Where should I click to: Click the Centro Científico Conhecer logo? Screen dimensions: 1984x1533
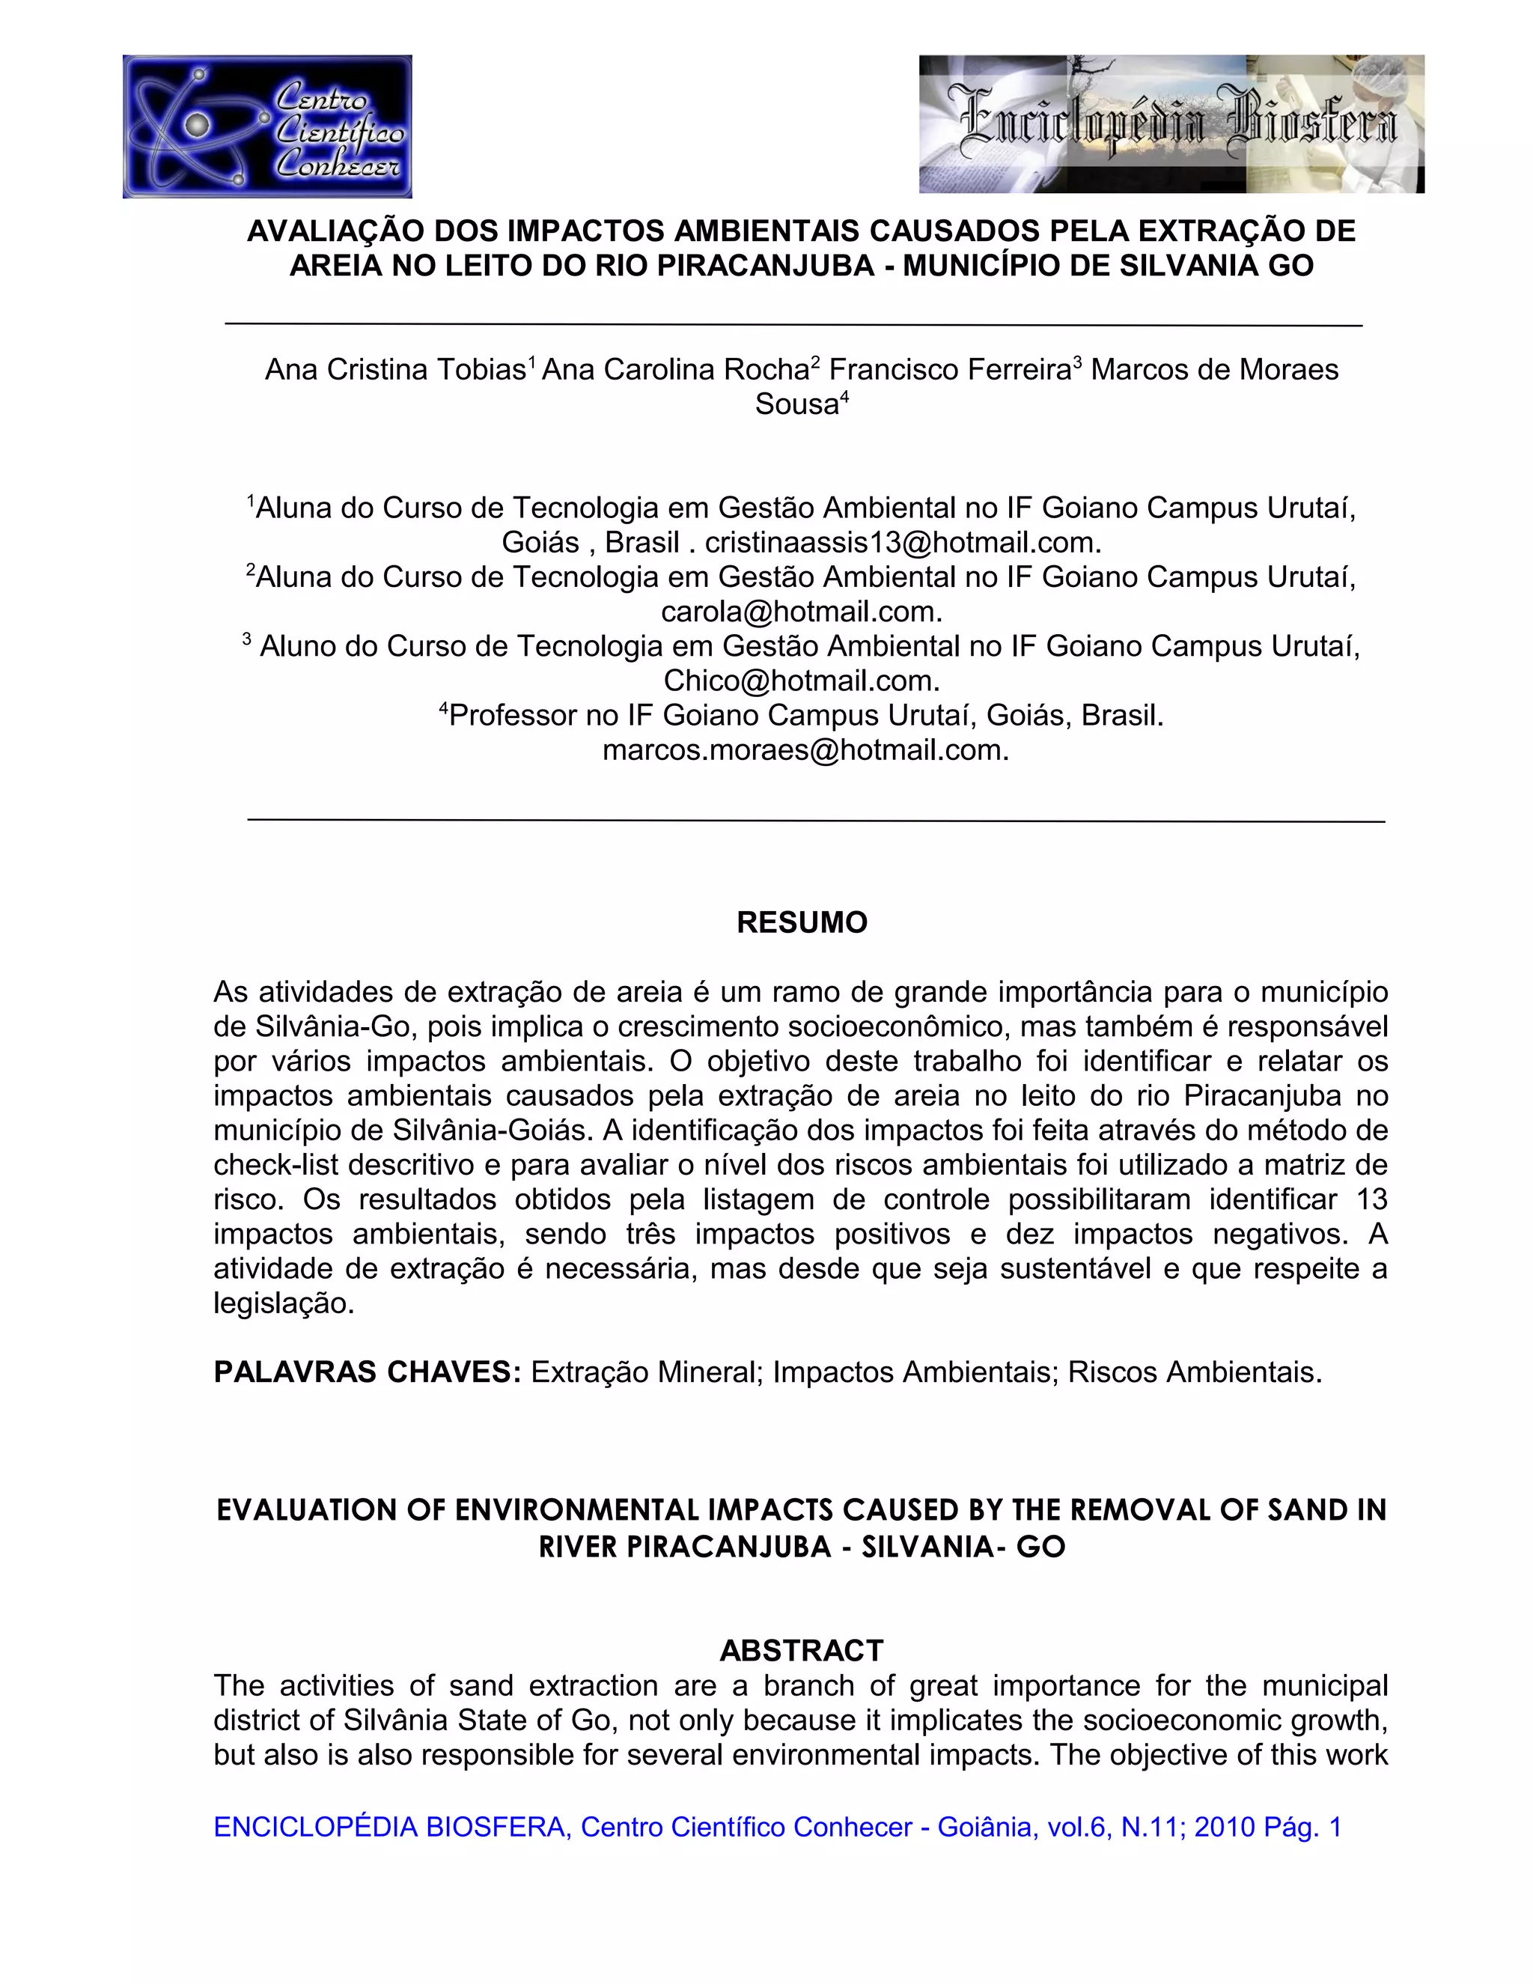[267, 127]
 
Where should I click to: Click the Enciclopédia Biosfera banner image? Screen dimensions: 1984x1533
[1171, 124]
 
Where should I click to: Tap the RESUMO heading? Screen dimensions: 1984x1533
[801, 922]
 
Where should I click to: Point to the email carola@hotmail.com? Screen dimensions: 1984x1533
[799, 612]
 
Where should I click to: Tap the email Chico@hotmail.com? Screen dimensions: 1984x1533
[799, 681]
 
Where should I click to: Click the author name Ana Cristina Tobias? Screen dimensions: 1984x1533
[395, 370]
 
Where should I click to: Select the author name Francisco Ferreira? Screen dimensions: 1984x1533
[949, 370]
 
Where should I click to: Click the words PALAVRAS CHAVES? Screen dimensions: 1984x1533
[366, 1372]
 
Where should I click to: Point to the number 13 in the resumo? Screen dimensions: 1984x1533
[1371, 1199]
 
